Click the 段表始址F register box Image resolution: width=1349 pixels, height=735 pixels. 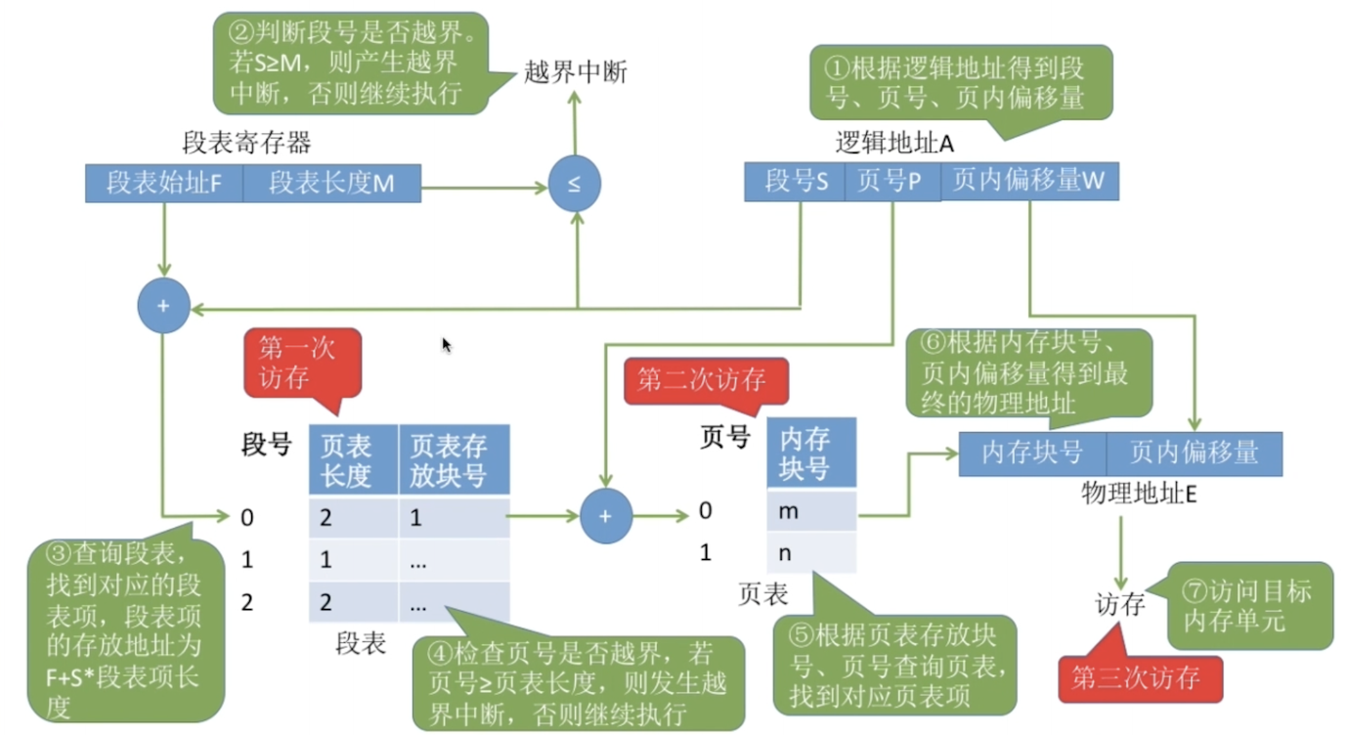(x=164, y=183)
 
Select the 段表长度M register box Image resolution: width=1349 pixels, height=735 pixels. (x=331, y=183)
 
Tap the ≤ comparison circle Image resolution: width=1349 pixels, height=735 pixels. (x=575, y=184)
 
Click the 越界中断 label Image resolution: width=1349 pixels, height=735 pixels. (x=575, y=72)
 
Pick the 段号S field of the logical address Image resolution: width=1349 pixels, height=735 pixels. (x=795, y=181)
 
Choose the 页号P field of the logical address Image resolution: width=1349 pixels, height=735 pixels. (x=892, y=181)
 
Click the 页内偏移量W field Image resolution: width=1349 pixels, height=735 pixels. (x=1029, y=181)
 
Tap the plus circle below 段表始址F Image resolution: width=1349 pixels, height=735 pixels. (x=164, y=306)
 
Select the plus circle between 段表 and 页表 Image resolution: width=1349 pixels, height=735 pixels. (x=606, y=516)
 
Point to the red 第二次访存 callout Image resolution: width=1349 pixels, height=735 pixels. (x=706, y=381)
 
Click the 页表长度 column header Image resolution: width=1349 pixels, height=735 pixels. (x=354, y=460)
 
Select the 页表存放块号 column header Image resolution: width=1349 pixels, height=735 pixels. (x=455, y=460)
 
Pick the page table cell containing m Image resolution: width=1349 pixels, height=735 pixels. (x=811, y=511)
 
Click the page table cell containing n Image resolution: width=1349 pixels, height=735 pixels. (x=811, y=552)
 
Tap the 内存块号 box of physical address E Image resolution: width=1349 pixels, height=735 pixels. (x=1032, y=454)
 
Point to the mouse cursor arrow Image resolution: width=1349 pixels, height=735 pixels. (x=447, y=345)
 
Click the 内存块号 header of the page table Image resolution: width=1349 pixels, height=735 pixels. (x=811, y=453)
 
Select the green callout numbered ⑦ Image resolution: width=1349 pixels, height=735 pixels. (x=1249, y=606)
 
